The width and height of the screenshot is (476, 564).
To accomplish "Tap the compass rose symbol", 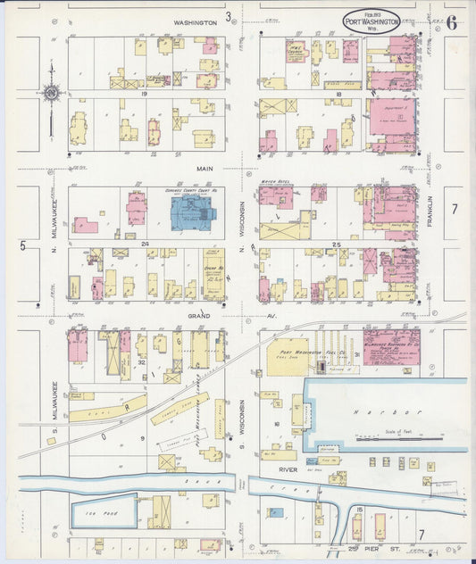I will pyautogui.click(x=50, y=91).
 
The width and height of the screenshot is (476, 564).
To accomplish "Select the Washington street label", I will pyautogui.click(x=196, y=21).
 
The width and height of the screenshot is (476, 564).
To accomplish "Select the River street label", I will pyautogui.click(x=287, y=469).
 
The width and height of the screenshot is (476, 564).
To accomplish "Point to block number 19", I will pyautogui.click(x=142, y=92).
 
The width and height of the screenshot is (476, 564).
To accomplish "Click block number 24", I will pyautogui.click(x=142, y=243).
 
